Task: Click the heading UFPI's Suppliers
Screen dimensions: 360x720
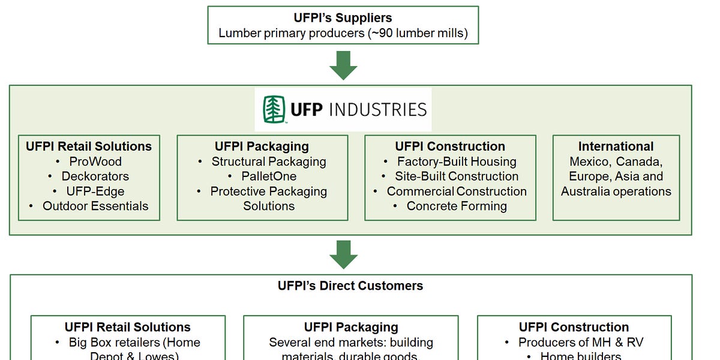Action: click(343, 18)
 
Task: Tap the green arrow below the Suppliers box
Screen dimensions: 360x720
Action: click(343, 65)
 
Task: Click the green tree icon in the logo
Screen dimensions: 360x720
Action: click(274, 109)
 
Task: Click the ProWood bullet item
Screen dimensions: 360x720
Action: click(95, 161)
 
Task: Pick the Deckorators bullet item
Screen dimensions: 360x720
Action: click(95, 176)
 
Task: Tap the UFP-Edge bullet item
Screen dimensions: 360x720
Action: click(95, 191)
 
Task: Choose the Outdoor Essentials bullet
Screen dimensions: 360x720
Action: click(95, 206)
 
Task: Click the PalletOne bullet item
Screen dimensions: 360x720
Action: click(269, 176)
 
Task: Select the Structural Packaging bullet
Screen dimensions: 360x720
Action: click(269, 161)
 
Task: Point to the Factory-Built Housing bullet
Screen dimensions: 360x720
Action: click(457, 161)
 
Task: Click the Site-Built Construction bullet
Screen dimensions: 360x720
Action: click(457, 176)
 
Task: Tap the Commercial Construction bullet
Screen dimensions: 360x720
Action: click(457, 191)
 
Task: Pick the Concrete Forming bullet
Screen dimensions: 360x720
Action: click(457, 206)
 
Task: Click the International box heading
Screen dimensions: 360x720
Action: click(616, 146)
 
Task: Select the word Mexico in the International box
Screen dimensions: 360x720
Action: click(589, 161)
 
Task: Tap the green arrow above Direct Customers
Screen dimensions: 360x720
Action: click(343, 254)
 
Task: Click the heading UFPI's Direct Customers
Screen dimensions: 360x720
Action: click(350, 286)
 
